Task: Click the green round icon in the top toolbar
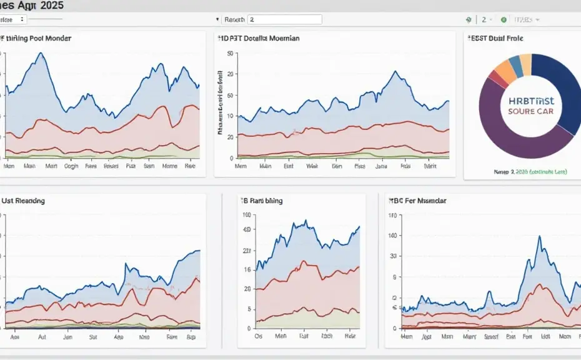[x=504, y=20]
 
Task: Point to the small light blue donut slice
[x=516, y=62]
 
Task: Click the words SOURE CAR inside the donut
[x=535, y=112]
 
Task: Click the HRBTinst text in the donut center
[x=535, y=100]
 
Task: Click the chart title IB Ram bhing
[x=262, y=201]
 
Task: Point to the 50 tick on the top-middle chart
[x=229, y=54]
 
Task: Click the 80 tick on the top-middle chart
[x=229, y=95]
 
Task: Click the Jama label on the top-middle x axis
[x=381, y=167]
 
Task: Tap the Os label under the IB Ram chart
[x=259, y=336]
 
